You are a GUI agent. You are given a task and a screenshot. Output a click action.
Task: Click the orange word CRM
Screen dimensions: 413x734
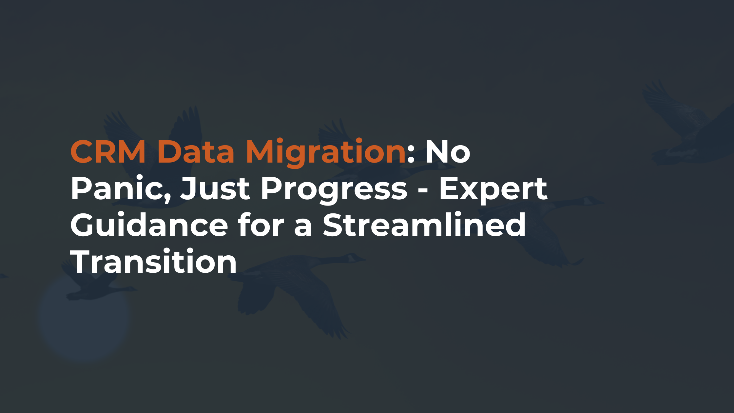[108, 151]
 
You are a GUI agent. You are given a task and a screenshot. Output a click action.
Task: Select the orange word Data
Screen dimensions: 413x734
[196, 151]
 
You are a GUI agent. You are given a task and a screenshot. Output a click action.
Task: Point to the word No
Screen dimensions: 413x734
[448, 151]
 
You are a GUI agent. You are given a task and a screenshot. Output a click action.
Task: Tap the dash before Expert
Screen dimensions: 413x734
[423, 191]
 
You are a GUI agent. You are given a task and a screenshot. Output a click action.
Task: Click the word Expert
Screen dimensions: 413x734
[493, 189]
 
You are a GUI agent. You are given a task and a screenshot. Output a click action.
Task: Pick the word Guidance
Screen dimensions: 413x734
[149, 225]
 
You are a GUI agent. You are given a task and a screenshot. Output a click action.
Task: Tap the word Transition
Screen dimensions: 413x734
[153, 262]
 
